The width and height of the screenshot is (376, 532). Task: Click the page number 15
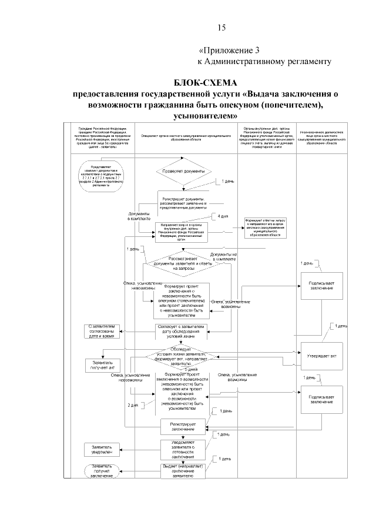[221, 28]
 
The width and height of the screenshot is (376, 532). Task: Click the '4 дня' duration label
[223, 218]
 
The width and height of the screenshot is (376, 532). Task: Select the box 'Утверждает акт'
[321, 356]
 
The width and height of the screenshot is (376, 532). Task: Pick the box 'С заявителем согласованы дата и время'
[105, 330]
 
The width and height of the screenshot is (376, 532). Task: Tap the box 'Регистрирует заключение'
[182, 426]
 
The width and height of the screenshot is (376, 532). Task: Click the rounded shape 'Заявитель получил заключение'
[102, 472]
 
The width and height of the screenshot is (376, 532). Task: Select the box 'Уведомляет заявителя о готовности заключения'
[182, 450]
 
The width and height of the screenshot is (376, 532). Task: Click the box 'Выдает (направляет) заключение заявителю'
[182, 472]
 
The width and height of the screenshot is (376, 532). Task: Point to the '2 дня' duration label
[133, 406]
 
